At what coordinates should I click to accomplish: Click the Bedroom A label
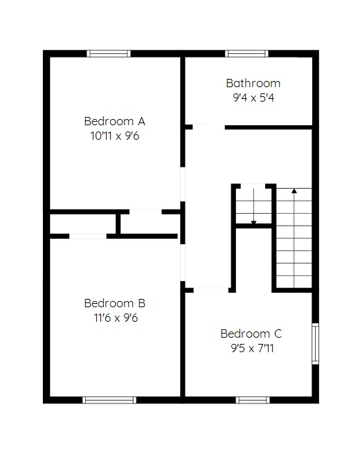pyautogui.click(x=114, y=121)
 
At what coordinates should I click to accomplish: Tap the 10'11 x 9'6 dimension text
pyautogui.click(x=115, y=136)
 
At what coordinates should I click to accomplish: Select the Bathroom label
pyautogui.click(x=253, y=84)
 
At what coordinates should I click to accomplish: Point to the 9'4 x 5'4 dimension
pyautogui.click(x=253, y=98)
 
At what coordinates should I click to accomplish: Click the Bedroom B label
pyautogui.click(x=115, y=303)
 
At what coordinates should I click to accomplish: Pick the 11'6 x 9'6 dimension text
pyautogui.click(x=116, y=318)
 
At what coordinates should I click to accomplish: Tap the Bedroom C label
pyautogui.click(x=251, y=334)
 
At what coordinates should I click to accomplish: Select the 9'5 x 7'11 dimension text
pyautogui.click(x=252, y=348)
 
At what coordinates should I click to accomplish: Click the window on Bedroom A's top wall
pyautogui.click(x=109, y=53)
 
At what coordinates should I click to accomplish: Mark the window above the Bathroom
pyautogui.click(x=246, y=53)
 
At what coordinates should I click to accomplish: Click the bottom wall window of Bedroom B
pyautogui.click(x=109, y=400)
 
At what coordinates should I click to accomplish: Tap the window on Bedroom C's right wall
pyautogui.click(x=316, y=343)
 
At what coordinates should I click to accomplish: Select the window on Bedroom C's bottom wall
pyautogui.click(x=253, y=400)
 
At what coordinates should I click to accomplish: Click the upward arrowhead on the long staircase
pyautogui.click(x=294, y=191)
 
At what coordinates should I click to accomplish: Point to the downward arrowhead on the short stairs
pyautogui.click(x=253, y=223)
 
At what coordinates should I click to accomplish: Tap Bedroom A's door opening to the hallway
pyautogui.click(x=183, y=184)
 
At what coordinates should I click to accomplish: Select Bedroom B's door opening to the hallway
pyautogui.click(x=183, y=263)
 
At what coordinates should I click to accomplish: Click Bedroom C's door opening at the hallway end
pyautogui.click(x=211, y=290)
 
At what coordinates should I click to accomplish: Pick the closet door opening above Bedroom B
pyautogui.click(x=88, y=236)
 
